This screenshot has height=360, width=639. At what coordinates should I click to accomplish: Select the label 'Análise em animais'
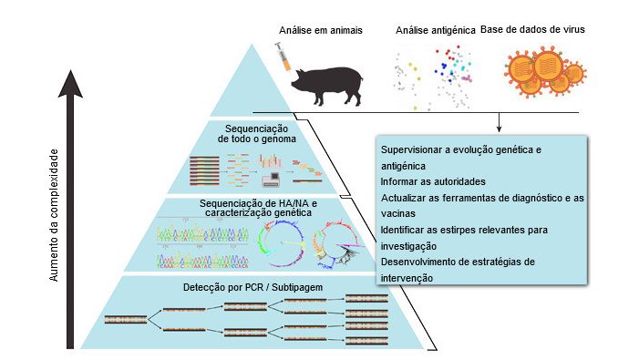(319, 30)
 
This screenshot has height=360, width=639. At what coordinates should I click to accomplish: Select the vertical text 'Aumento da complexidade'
(54, 219)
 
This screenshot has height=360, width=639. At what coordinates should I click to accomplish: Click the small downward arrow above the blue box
(500, 127)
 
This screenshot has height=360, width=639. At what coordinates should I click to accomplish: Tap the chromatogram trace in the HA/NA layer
(202, 246)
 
